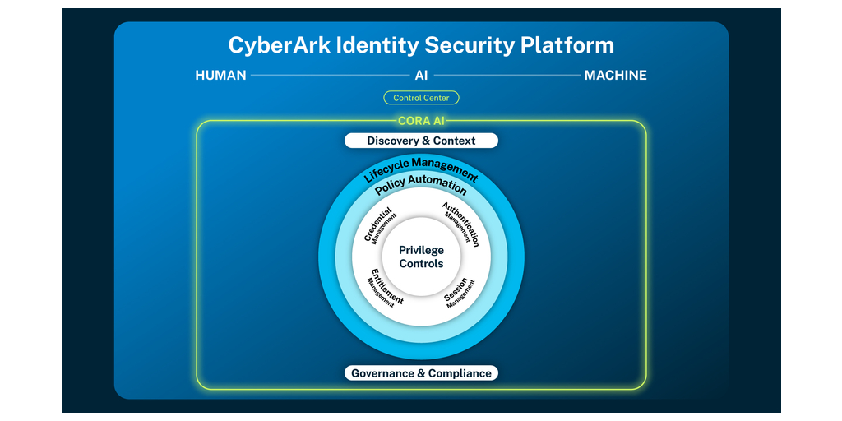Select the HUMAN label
(x=220, y=76)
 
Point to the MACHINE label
(x=615, y=76)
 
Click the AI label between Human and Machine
(x=421, y=76)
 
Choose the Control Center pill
(x=421, y=98)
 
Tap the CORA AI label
(x=421, y=122)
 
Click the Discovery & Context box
(x=421, y=141)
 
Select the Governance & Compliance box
(x=421, y=373)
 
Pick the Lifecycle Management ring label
(x=421, y=167)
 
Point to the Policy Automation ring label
(x=421, y=185)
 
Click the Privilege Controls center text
(x=421, y=257)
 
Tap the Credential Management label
(x=381, y=225)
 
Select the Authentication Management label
(x=460, y=224)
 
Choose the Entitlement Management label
(x=384, y=288)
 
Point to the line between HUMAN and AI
(x=329, y=76)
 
